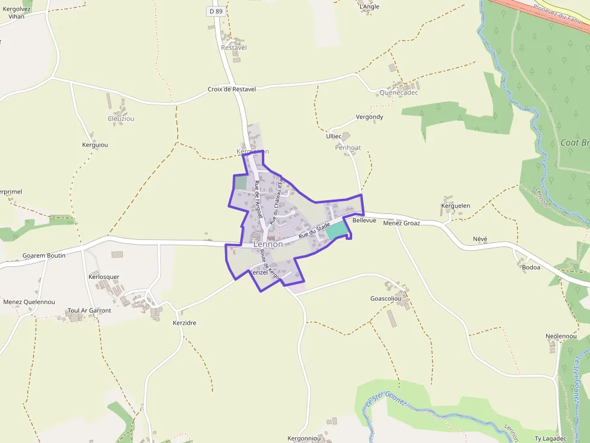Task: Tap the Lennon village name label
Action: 268,245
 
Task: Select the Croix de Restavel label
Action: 232,89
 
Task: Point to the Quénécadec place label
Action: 399,93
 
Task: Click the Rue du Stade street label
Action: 315,228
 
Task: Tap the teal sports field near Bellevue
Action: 337,230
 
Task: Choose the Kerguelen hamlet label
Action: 456,206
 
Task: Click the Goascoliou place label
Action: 386,298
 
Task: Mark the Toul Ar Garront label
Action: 89,311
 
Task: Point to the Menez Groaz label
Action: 402,223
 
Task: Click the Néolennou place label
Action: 561,336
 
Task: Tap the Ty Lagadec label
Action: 550,439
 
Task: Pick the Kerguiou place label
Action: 95,145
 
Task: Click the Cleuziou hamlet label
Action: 121,118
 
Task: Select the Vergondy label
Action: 370,117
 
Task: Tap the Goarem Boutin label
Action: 44,255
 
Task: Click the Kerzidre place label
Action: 184,323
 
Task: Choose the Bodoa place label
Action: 531,267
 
